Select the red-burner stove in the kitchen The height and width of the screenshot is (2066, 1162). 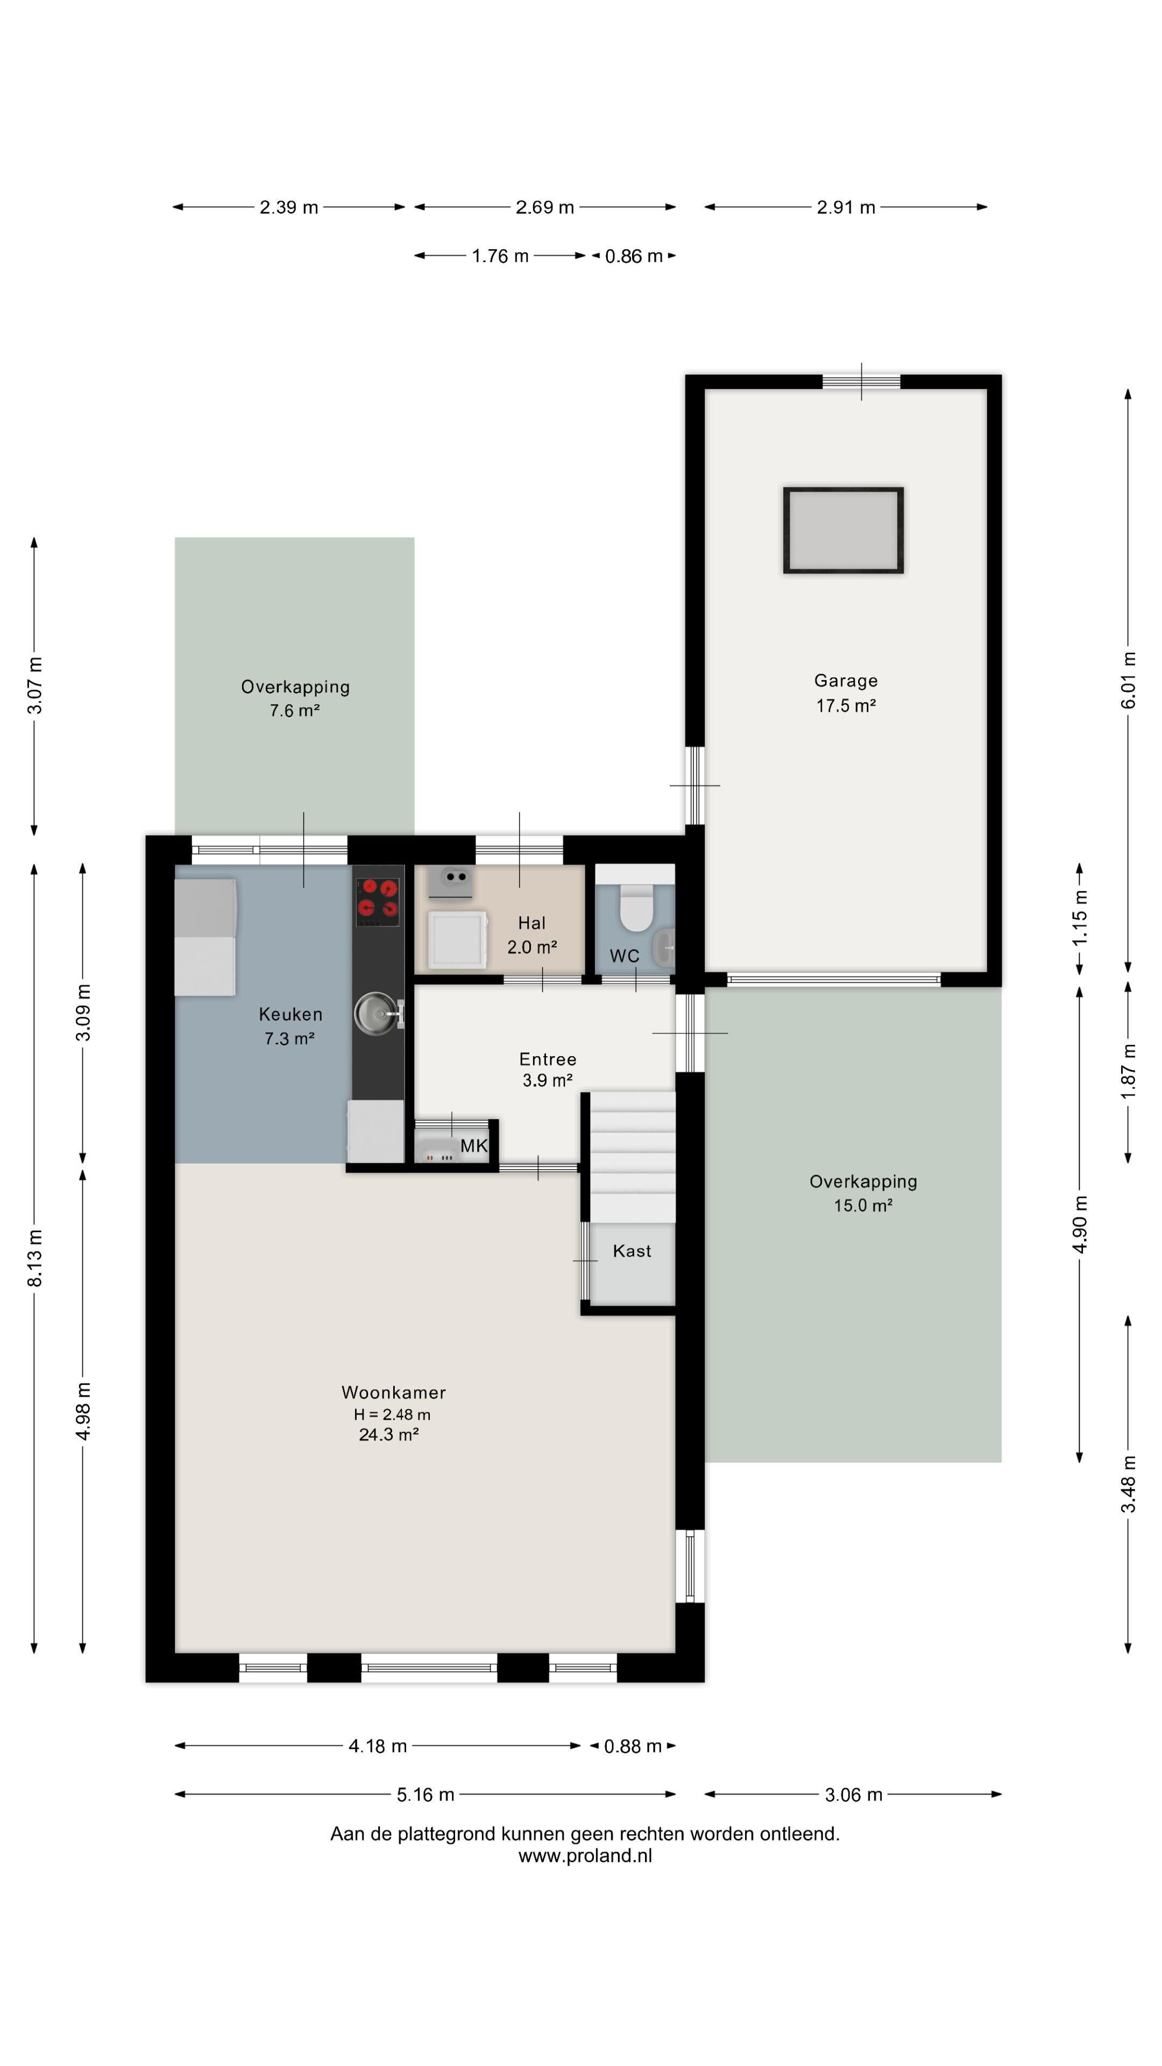click(377, 902)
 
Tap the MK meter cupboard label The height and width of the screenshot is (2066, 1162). click(473, 1145)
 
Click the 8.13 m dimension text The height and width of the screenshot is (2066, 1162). click(34, 1257)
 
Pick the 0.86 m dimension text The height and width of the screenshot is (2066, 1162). click(634, 256)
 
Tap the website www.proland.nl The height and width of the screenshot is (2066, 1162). click(585, 1855)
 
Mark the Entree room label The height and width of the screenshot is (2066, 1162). click(547, 1059)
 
